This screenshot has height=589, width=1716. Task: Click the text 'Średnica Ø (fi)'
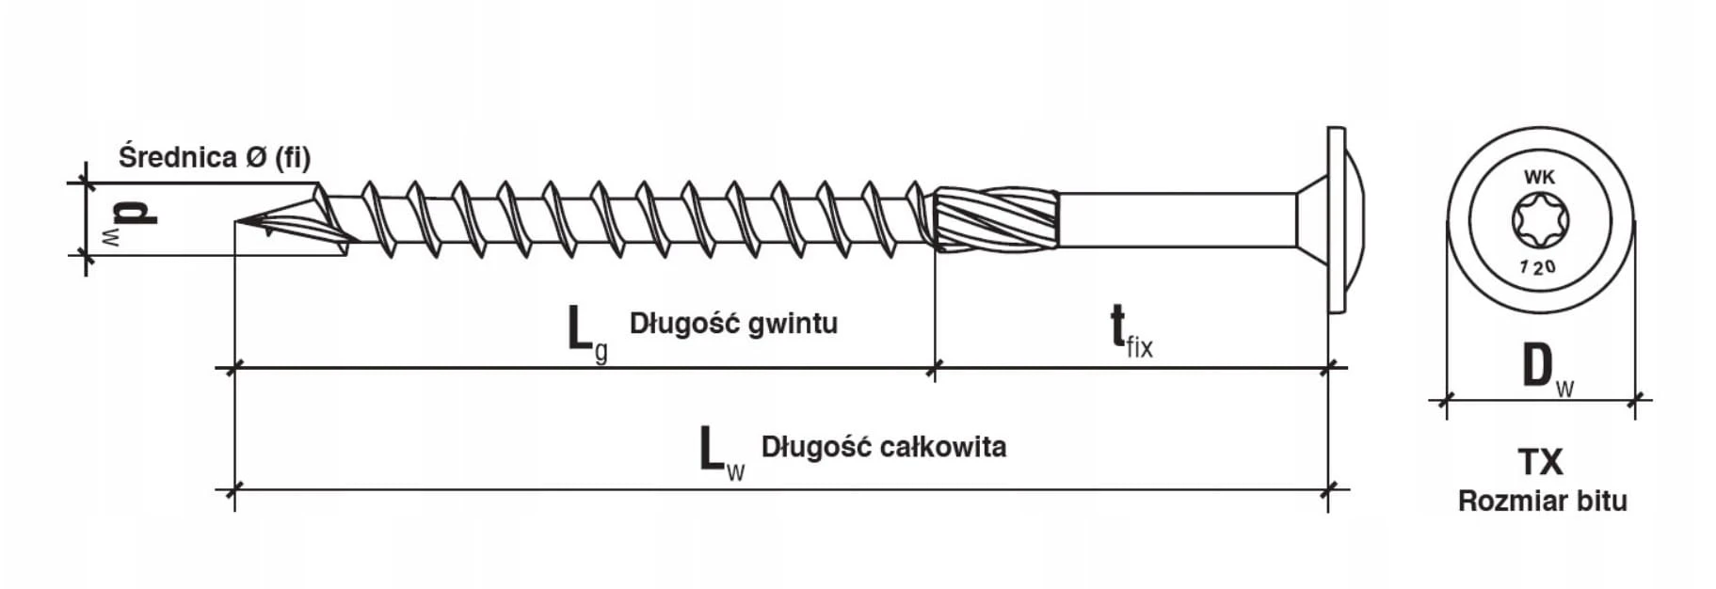214,157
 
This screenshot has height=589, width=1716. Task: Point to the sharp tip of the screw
237,223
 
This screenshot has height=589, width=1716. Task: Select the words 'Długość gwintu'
733,324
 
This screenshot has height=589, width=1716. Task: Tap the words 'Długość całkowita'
883,446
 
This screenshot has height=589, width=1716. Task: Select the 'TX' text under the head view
1541,462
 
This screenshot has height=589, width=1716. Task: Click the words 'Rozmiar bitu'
1542,501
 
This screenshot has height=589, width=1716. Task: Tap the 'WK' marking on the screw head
1539,177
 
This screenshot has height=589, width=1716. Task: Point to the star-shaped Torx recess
1539,221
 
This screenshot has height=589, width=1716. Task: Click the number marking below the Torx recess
1538,267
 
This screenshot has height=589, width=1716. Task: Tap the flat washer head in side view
1336,221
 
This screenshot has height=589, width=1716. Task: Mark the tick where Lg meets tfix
935,368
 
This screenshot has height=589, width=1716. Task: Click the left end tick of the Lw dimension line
234,489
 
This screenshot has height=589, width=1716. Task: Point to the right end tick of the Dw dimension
1636,400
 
